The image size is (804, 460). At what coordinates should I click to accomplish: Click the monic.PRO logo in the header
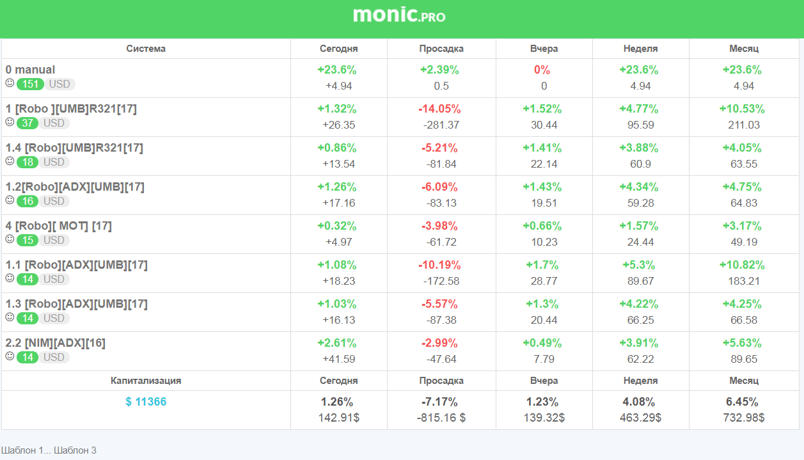tap(399, 15)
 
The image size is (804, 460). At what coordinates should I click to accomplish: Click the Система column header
tap(146, 49)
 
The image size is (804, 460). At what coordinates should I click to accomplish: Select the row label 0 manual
tap(30, 69)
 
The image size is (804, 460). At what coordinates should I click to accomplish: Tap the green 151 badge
tap(30, 84)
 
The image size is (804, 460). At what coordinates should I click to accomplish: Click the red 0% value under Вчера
tap(542, 70)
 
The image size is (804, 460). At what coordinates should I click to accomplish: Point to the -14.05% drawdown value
tap(439, 109)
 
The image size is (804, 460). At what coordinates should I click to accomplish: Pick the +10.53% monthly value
tap(742, 109)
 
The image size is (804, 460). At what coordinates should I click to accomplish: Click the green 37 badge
tap(28, 123)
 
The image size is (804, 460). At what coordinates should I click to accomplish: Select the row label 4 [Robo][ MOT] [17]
tap(58, 226)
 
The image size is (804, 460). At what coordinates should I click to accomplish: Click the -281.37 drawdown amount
tap(441, 125)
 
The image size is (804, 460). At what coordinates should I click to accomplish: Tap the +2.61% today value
tap(336, 343)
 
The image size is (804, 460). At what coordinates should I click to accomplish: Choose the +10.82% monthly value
tap(742, 265)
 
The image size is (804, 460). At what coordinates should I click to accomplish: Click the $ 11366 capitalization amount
tap(146, 402)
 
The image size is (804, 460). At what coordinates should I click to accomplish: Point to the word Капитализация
tap(146, 381)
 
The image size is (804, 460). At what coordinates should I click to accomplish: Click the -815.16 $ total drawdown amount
tap(441, 418)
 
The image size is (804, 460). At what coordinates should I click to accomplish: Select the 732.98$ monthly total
tap(744, 418)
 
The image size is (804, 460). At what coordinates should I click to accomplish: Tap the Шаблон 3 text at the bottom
tap(75, 450)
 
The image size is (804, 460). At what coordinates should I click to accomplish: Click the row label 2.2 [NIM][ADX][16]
tap(55, 343)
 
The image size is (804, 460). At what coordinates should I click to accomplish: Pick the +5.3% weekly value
tap(638, 265)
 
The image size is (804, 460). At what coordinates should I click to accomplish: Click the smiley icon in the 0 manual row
tap(10, 83)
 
